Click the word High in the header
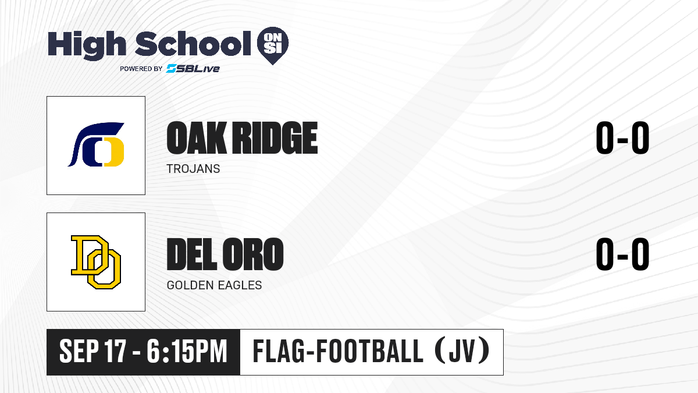pos(87,45)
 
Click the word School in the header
pos(193,44)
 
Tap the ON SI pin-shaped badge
pos(273,45)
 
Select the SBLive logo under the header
pos(193,69)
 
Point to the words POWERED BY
pos(141,69)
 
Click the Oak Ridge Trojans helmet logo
pos(96,144)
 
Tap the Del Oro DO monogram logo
pos(96,262)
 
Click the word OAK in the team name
pos(197,138)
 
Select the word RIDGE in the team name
pos(276,138)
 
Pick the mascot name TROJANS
pos(193,169)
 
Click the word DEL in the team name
pos(191,254)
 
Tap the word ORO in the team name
pos(253,254)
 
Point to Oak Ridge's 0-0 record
pos(622,138)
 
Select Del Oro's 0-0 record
pos(622,254)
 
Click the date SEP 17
pos(93,351)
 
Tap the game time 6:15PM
pos(187,351)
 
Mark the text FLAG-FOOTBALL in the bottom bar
pos(338,351)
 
